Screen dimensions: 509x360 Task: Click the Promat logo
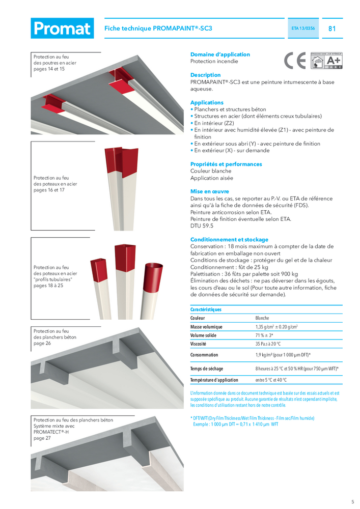[62, 29]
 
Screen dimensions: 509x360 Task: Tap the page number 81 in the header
[332, 29]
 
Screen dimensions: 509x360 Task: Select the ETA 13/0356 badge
[303, 29]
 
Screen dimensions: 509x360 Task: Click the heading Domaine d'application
[220, 54]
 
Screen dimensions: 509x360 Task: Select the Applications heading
[207, 102]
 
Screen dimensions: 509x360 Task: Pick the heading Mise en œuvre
[209, 191]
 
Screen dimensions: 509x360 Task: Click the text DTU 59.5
[202, 225]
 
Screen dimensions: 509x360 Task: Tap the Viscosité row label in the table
[202, 344]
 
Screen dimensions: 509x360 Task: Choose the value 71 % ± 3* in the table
[264, 335]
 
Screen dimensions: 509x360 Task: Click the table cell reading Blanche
[262, 318]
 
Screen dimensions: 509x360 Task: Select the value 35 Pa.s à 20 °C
[268, 344]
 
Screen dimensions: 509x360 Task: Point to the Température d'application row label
[214, 380]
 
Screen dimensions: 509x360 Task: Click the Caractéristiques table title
[206, 309]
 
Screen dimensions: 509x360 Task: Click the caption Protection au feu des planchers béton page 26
[55, 337]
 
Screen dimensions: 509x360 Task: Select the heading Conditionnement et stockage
[229, 239]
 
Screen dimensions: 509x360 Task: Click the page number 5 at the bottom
[352, 501]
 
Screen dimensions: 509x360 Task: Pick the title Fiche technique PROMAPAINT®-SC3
[158, 29]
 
